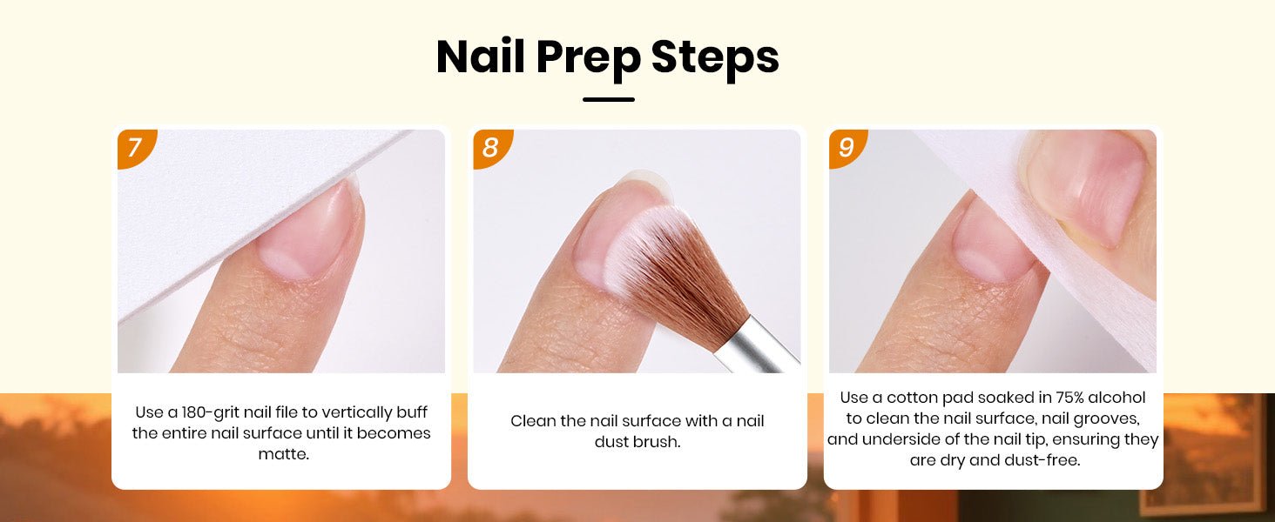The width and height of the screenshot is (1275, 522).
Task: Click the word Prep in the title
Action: tap(587, 58)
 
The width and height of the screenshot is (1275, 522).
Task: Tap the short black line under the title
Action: tap(609, 99)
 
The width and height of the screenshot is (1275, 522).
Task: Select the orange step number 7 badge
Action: tap(136, 148)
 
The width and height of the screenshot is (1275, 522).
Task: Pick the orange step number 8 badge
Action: tap(492, 148)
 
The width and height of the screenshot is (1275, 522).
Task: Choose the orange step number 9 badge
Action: tap(847, 148)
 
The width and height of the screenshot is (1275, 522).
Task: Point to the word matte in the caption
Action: tap(282, 454)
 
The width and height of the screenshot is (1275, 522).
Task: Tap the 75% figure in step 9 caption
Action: tap(1070, 398)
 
